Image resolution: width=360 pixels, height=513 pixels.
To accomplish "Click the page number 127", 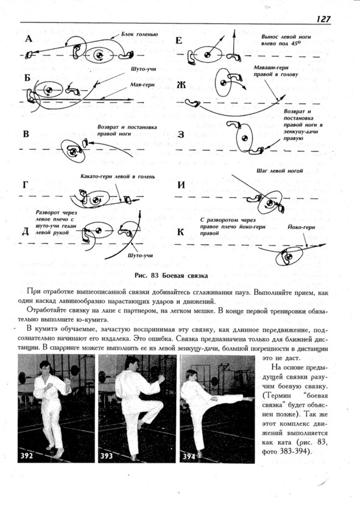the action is tap(323, 19).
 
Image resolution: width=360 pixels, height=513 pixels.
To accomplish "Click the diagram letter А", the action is tap(29, 39).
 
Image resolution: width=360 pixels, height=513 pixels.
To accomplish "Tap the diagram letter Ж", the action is tap(181, 85).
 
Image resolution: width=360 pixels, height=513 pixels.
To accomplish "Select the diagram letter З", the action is tap(180, 135).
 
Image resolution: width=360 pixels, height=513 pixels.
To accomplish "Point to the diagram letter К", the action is tap(180, 232).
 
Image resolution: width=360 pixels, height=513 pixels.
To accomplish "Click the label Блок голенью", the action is tap(139, 34).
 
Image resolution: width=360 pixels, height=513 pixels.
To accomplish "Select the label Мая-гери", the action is tap(143, 85).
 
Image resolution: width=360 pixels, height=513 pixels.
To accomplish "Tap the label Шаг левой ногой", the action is tap(280, 171).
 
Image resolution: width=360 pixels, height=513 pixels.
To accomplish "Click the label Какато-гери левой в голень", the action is tap(118, 177).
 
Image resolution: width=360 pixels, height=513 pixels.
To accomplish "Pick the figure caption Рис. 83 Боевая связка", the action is tap(171, 275).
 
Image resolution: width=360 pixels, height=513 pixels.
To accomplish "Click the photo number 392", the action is tap(27, 456).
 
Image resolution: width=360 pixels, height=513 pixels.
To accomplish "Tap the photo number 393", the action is tap(107, 456).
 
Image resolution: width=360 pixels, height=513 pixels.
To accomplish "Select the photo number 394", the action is tap(189, 456).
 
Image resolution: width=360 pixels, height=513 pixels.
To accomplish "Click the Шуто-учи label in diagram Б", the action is tap(143, 69).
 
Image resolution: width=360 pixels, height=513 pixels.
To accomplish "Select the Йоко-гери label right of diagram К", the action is tap(302, 227).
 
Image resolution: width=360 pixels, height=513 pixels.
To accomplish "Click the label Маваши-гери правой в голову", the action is tap(277, 71).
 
